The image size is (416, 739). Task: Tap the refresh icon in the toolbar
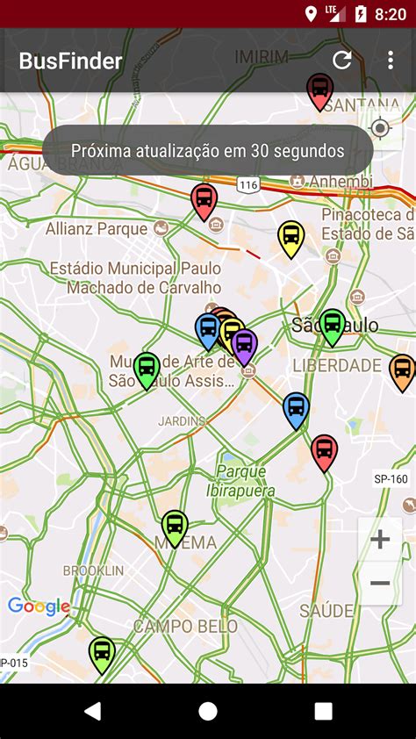coord(341,60)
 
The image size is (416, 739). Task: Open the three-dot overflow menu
coord(391,60)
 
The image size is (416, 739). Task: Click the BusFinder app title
coord(71,61)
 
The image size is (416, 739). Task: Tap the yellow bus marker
coord(290,237)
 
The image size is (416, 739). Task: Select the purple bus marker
coord(244,345)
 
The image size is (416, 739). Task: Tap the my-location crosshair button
coord(380,129)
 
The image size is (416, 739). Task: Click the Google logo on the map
coord(39,606)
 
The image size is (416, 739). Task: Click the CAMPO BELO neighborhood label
coord(185,627)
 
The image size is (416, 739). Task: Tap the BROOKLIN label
coord(93,570)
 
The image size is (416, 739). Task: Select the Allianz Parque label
coord(97,229)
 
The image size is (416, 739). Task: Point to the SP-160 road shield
coord(391,479)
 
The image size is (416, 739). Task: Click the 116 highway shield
coord(247,184)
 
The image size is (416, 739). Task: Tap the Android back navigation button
coord(92,711)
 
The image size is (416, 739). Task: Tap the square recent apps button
coord(323,711)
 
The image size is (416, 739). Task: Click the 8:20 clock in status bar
coord(390,14)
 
